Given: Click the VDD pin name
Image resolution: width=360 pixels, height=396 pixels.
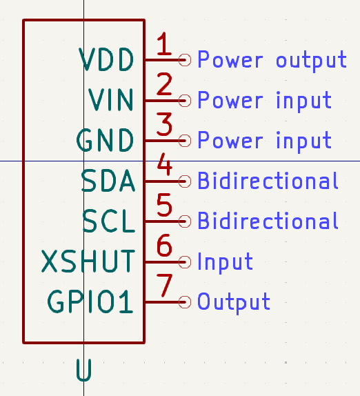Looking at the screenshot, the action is point(106,59).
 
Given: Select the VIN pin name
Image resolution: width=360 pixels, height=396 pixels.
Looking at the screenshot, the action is point(111,100).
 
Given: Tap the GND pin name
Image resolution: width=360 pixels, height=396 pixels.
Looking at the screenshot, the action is point(105,140).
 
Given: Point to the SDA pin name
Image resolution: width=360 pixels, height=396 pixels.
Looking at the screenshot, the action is point(108,180).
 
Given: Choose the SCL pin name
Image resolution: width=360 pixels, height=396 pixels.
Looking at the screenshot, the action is point(109,221).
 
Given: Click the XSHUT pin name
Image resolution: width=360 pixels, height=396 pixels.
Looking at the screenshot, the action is point(88,261).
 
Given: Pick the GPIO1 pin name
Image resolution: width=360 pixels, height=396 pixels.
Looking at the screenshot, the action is point(90,301).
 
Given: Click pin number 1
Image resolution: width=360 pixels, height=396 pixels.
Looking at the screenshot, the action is point(164,43).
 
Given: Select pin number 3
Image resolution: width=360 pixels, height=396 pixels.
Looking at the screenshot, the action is point(164,124).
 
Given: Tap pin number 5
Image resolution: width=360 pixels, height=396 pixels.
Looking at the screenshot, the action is point(164,205).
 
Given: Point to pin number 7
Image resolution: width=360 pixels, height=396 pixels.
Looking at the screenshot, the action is point(165,286).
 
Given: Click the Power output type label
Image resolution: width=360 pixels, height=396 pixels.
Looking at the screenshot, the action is point(272,61).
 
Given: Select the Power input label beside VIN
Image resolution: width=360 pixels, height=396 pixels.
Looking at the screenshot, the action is point(265,101).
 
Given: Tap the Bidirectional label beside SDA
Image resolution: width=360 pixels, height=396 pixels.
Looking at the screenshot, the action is point(268,180).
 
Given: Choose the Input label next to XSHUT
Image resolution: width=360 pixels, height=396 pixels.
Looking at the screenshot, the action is point(226,262).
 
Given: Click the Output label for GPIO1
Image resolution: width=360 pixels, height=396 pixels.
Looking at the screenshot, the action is point(234,302).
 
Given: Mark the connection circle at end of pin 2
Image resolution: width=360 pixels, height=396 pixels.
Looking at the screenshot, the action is point(185,101).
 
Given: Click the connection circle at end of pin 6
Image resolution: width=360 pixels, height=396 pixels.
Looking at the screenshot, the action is point(185,262).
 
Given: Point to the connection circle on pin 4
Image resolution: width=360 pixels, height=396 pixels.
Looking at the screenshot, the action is point(185,181).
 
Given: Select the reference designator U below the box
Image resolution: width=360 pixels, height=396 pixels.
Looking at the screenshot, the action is point(84,370).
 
